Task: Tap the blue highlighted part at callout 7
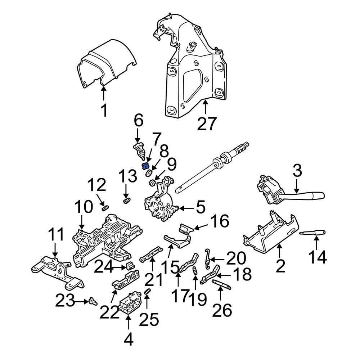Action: coord(146,166)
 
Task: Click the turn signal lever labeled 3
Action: coord(288,193)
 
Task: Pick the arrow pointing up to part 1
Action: coord(104,94)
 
